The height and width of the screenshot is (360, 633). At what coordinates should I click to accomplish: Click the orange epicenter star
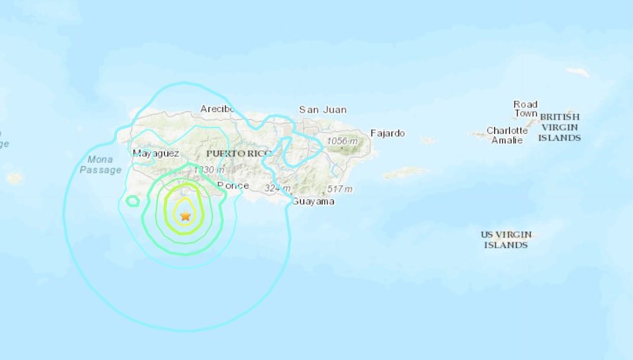coord(185,216)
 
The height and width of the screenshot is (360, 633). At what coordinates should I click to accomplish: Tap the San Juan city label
coord(322,110)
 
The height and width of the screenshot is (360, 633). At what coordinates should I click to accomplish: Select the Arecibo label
coord(217,108)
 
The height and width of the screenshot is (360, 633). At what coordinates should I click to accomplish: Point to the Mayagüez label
coord(156,153)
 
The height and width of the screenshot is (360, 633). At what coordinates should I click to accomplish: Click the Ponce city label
coord(233,185)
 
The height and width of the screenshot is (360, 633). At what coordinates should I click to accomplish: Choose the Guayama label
coord(313,201)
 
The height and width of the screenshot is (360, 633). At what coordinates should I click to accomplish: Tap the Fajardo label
coord(388,133)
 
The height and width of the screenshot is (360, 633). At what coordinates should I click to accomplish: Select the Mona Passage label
coord(96,164)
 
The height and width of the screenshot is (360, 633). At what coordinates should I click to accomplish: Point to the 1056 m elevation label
coord(342,142)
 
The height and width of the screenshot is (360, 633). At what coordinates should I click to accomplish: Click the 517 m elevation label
coord(339,190)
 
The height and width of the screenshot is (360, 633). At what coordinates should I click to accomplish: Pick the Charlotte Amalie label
coord(507,135)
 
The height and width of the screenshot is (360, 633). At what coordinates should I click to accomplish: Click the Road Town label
coord(525,109)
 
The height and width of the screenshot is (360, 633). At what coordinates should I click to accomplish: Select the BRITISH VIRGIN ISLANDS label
coord(560,128)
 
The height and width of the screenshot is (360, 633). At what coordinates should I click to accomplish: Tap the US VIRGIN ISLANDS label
coord(506,240)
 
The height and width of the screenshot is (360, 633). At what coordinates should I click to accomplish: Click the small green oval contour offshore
coord(132,201)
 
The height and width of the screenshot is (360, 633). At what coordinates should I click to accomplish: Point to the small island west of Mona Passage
coord(15,178)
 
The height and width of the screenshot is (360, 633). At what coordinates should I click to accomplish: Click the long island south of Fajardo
coord(406,172)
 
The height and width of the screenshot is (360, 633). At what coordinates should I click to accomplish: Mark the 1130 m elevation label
coord(208,170)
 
